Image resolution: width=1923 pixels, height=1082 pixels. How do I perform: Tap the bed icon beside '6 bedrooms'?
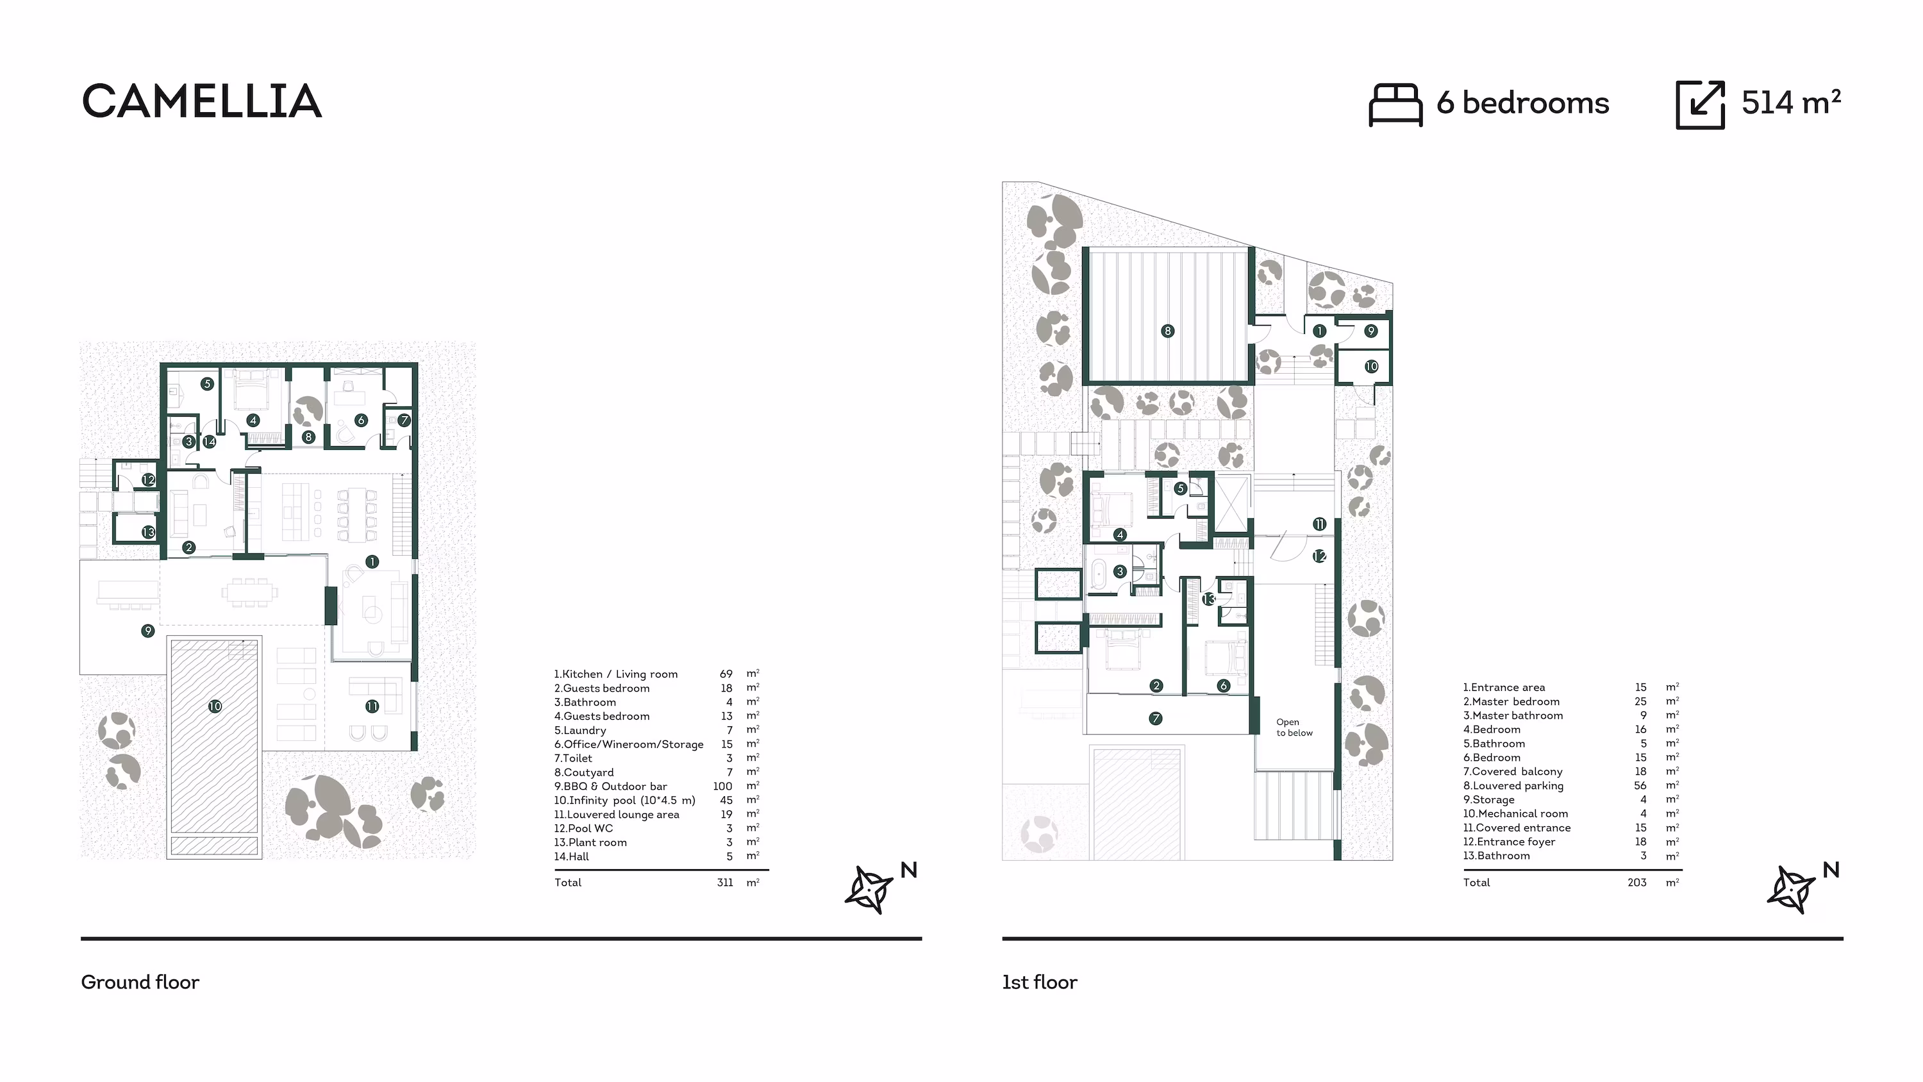point(1394,104)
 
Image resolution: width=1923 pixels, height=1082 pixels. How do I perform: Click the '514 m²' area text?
point(1790,103)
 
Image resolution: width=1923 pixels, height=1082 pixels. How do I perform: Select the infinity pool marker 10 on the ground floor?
point(215,706)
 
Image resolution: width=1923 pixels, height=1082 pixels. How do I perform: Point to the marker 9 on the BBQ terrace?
point(148,631)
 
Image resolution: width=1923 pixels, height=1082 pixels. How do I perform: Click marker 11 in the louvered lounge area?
point(372,706)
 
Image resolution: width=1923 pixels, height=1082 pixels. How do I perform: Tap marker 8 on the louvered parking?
point(1167,331)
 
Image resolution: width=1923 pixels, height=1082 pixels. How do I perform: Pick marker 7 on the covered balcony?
point(1156,719)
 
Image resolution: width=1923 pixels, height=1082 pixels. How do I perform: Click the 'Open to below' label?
point(1294,728)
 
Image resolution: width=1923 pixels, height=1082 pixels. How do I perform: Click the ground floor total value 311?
point(724,883)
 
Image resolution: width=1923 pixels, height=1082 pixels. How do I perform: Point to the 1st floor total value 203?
point(1636,883)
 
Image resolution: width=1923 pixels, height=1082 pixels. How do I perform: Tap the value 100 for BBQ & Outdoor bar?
point(722,787)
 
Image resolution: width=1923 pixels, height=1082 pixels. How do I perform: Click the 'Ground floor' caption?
point(140,982)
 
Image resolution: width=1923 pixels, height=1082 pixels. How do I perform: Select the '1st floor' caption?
point(1039,982)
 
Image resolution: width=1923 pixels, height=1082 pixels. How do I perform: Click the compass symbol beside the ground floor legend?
point(869,888)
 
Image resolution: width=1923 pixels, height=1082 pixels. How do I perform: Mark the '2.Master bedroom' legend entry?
point(1511,701)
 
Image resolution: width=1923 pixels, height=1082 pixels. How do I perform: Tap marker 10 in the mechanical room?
point(1371,367)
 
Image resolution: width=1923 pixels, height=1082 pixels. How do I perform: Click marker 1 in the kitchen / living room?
point(372,562)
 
